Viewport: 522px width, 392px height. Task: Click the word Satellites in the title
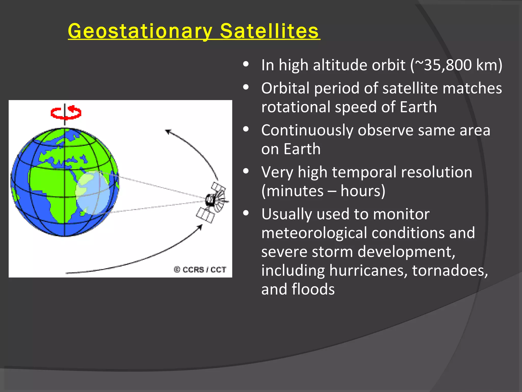(269, 31)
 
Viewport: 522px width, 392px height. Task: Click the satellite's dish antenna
(219, 200)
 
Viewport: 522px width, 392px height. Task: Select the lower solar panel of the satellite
(205, 215)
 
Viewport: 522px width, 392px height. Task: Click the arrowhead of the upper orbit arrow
(168, 131)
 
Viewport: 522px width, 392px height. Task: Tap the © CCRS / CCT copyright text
(200, 269)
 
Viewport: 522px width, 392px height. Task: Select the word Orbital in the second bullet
(285, 88)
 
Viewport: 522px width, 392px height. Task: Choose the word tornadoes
(450, 271)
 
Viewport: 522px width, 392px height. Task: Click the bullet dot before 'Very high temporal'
(246, 171)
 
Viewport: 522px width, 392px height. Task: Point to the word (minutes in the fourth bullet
(292, 191)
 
